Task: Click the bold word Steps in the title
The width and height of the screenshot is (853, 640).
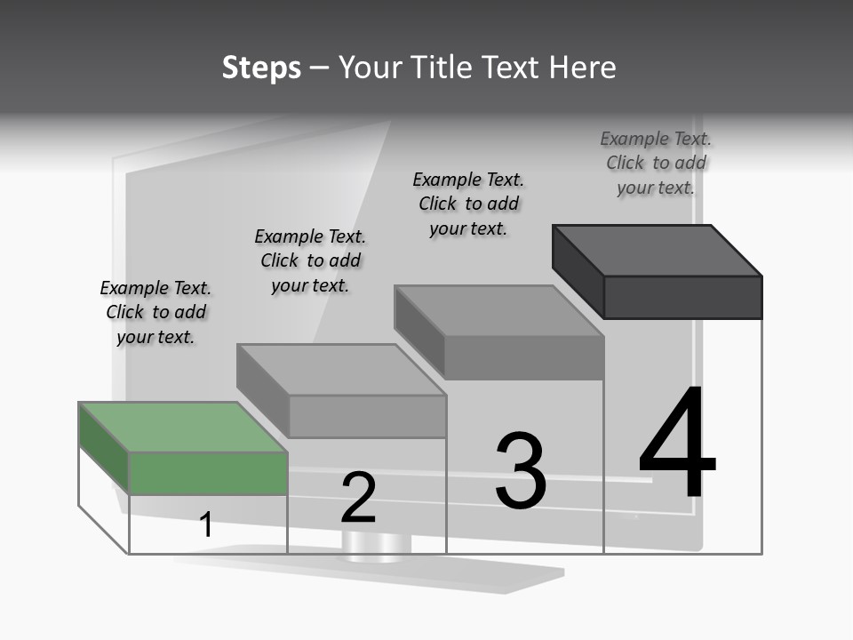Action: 261,68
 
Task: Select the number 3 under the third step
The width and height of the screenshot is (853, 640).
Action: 521,471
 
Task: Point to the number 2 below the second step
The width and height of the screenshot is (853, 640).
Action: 358,498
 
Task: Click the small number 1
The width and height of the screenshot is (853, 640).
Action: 206,524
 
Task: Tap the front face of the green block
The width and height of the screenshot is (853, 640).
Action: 208,473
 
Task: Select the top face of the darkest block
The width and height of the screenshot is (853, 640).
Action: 658,251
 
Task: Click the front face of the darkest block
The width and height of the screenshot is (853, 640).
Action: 682,297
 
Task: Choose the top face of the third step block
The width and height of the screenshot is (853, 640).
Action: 499,311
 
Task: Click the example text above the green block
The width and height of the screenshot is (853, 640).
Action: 155,312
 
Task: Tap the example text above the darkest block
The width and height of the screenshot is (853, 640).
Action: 656,163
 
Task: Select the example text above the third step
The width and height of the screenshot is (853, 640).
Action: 468,204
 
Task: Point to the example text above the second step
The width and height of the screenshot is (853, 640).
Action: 310,260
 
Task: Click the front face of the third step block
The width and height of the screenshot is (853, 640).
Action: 524,358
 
